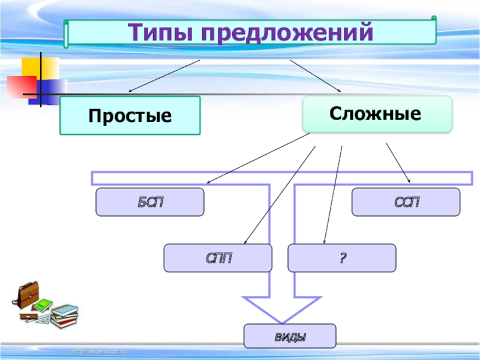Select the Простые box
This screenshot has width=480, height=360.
point(130,115)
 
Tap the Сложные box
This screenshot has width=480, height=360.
point(377,113)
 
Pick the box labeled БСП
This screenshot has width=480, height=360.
point(150,202)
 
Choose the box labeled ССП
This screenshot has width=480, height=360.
point(406,202)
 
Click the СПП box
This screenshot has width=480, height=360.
point(218,258)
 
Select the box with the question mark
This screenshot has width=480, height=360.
point(342,258)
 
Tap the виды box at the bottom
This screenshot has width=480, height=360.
point(290,336)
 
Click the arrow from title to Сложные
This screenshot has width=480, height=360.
point(315,76)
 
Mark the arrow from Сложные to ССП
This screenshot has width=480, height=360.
point(397,162)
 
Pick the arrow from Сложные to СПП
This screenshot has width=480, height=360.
point(280,195)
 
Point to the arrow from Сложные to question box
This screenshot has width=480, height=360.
point(333,195)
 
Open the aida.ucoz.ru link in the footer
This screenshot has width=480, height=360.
point(100,351)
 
